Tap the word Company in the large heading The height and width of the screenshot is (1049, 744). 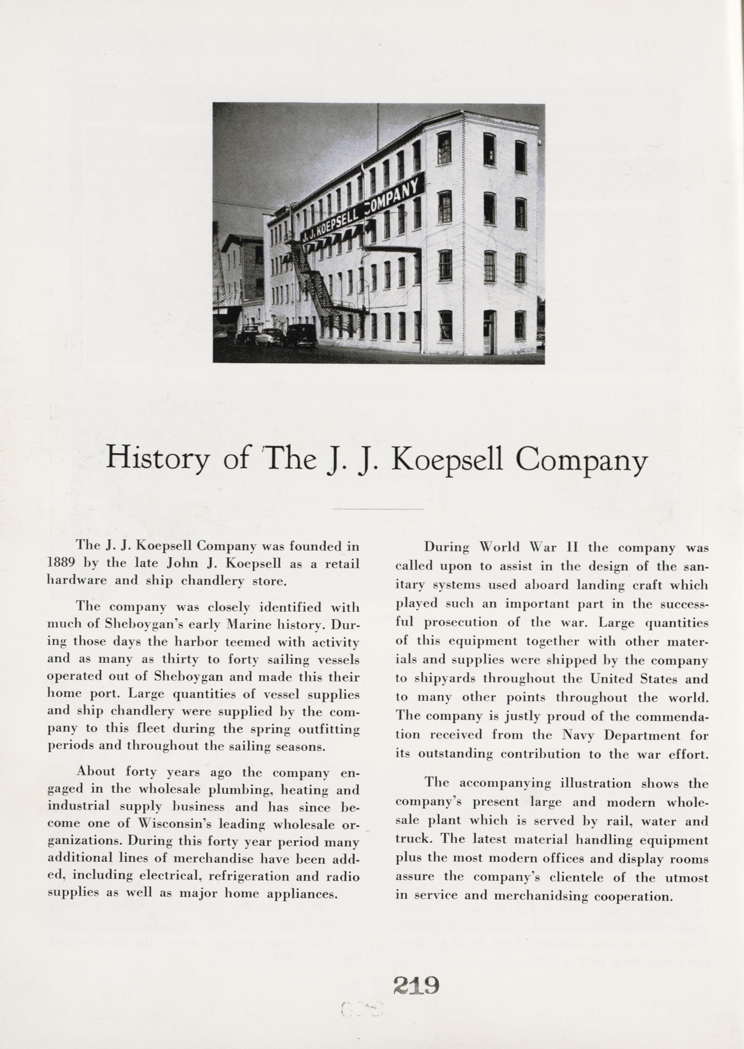pos(581,460)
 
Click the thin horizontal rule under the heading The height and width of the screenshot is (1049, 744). pos(378,509)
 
